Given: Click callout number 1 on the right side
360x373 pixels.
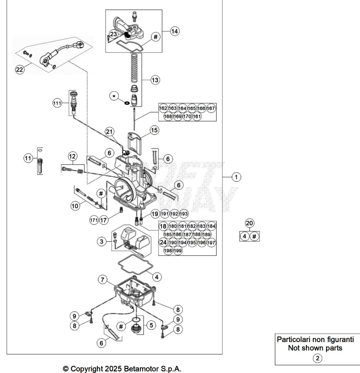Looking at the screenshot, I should tap(236, 177).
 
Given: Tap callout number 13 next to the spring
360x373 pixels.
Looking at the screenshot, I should tap(155, 80).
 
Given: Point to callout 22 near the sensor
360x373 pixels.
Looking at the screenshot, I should tap(19, 70).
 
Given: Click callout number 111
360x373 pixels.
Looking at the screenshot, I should tap(57, 103).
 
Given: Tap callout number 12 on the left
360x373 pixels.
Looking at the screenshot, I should tap(73, 156).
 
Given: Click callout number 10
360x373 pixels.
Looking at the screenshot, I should tap(75, 205).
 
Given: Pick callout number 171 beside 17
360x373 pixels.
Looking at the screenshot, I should tap(94, 220).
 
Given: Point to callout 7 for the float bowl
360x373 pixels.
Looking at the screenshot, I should tap(102, 280).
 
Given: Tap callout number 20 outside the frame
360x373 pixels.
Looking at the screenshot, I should tap(250, 223).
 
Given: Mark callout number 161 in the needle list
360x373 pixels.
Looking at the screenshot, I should tap(197, 117).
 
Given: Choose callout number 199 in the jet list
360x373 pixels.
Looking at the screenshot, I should tap(177, 251).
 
